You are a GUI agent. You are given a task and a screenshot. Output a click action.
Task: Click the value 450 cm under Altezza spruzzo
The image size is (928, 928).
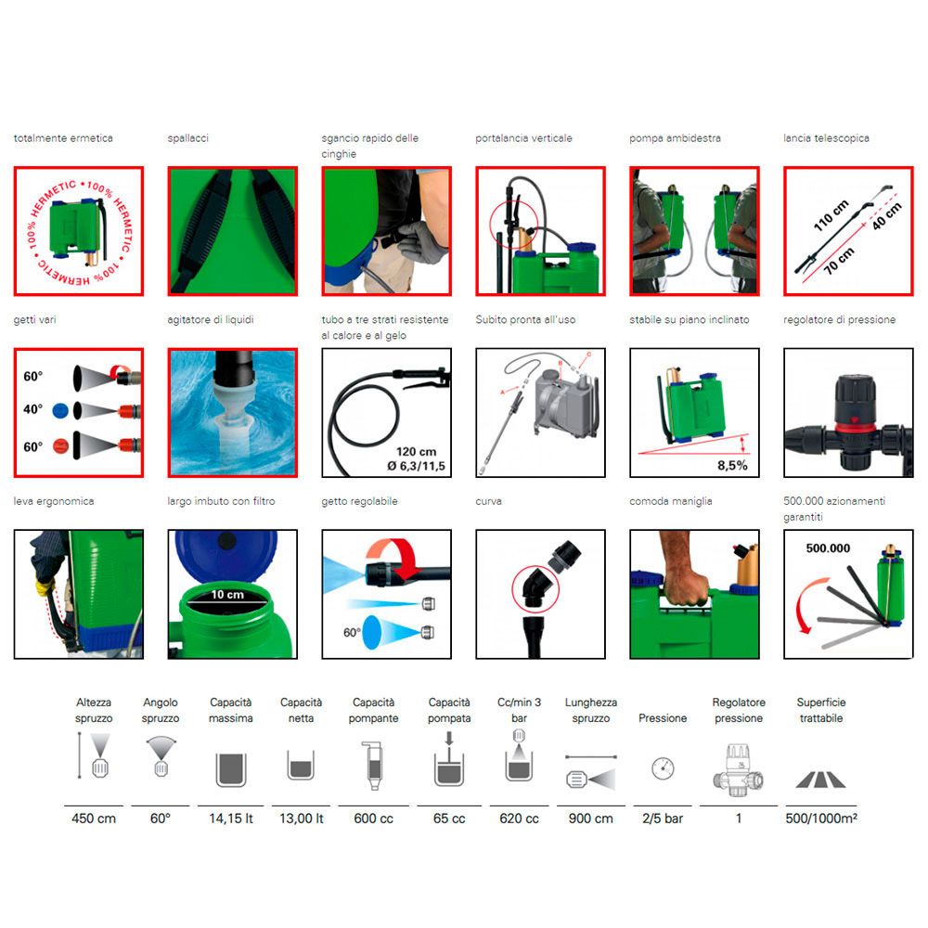94,818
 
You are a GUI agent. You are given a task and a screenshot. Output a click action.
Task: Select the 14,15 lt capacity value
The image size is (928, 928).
231,818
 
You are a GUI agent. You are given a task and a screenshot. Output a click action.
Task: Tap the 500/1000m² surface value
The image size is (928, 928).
821,818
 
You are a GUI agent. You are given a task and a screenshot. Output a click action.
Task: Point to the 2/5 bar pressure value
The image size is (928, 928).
663,818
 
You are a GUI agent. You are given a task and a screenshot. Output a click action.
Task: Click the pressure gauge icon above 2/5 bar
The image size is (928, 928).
663,768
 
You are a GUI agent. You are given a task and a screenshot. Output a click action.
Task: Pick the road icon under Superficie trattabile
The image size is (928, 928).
821,780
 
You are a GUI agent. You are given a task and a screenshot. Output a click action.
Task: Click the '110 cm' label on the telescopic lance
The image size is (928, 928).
831,215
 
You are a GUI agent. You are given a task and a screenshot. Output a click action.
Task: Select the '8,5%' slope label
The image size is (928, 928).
732,465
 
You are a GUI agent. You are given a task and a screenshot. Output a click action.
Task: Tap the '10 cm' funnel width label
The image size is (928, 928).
227,594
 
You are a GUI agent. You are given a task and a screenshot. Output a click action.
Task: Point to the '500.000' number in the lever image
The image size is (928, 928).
828,548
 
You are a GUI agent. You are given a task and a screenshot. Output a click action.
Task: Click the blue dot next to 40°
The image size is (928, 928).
60,410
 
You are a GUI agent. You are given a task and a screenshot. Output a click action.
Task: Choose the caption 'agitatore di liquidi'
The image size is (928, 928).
210,319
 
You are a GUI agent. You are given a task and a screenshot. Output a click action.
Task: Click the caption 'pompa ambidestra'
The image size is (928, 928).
675,138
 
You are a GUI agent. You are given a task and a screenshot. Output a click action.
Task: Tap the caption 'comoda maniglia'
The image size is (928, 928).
671,501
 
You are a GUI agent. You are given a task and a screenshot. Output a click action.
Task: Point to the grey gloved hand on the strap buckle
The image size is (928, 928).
420,241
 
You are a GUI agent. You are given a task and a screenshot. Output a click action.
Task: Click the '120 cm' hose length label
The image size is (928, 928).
416,452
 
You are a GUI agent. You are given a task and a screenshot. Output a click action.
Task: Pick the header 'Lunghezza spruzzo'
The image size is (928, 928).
590,710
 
